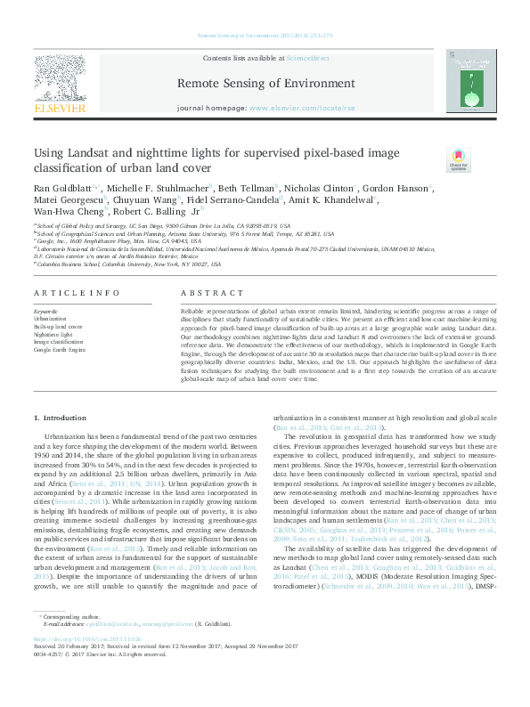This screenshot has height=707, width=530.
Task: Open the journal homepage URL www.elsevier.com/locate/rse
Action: [x=294, y=108]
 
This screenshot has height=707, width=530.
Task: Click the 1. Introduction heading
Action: [x=61, y=418]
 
